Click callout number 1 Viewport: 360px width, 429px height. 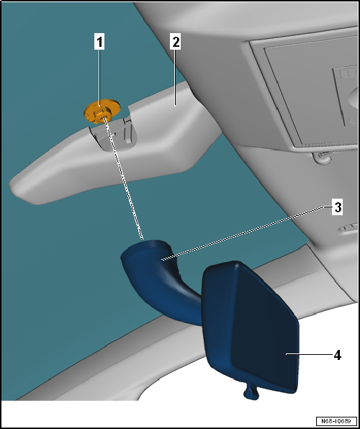(x=99, y=42)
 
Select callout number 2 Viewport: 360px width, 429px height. (x=175, y=42)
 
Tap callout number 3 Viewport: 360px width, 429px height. (x=338, y=207)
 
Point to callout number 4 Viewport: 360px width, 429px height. (x=337, y=355)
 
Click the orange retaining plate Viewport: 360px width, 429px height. (x=102, y=111)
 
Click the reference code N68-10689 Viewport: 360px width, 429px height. (x=336, y=421)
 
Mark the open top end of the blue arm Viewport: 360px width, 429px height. (x=146, y=246)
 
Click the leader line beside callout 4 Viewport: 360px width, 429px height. (x=309, y=353)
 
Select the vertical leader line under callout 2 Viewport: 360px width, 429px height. (x=175, y=78)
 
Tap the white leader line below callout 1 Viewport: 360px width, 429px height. (x=99, y=77)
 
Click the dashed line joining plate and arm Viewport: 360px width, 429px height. (x=123, y=179)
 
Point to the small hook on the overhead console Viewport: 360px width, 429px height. (x=323, y=158)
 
